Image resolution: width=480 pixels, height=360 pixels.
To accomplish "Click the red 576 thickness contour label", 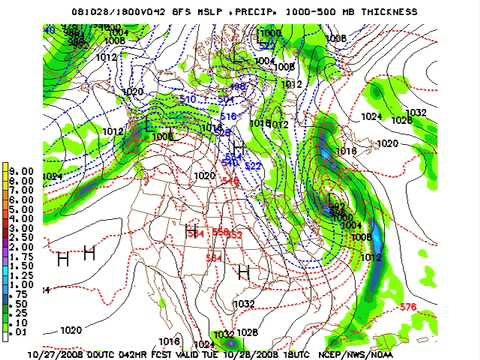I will click(x=407, y=306).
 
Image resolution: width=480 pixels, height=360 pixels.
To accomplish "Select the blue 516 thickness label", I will click(x=228, y=117).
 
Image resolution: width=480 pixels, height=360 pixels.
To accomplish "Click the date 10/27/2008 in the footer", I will click(x=54, y=353).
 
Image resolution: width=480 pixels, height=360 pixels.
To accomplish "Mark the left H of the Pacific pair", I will click(x=62, y=259).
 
